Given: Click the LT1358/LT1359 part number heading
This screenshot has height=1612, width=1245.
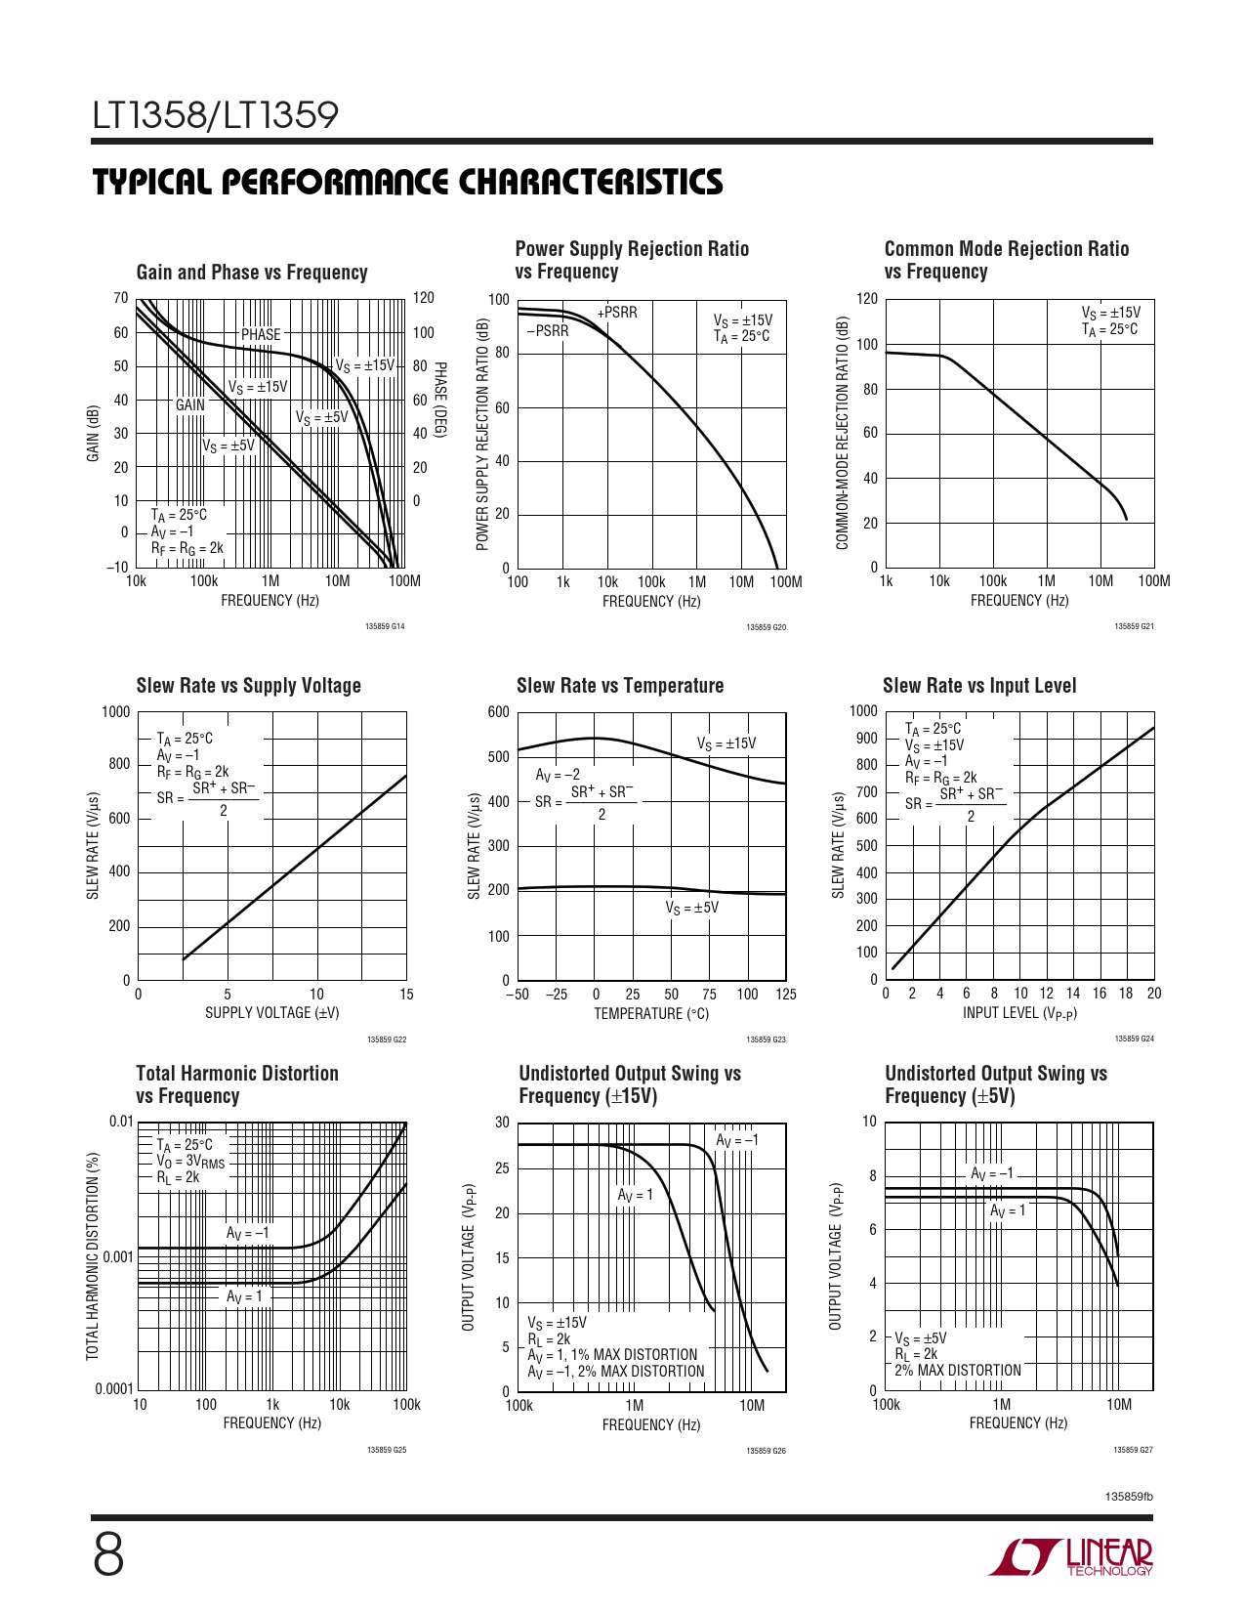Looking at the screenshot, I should pos(216,115).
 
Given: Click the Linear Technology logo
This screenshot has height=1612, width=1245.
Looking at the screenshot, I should pos(1070,1557).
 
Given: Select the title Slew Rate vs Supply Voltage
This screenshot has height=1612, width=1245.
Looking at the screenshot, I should pos(249,686).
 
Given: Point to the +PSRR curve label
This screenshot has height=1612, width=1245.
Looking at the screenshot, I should pos(617,313).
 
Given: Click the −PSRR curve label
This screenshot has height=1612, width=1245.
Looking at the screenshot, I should pos(548,331).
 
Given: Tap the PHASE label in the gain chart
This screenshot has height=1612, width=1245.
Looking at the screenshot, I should pos(261,334).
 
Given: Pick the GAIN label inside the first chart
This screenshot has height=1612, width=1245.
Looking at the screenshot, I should pos(190,404).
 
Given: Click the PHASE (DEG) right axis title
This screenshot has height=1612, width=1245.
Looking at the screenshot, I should pos(440,400).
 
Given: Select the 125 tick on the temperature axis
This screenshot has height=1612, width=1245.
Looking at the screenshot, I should pos(786,995).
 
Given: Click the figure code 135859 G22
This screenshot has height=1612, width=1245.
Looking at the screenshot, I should pos(387,1039).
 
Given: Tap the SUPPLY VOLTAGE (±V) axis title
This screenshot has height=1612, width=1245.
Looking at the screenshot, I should pos(271,1013).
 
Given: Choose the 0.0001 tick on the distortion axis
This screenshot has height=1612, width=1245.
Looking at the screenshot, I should pos(113,1389).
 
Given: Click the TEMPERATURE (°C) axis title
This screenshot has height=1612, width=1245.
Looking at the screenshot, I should pos(651,1014).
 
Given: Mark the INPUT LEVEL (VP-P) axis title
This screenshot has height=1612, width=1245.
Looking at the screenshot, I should pos(1019,1013).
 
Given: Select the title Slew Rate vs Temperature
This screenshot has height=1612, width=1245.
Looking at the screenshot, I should pos(620,686).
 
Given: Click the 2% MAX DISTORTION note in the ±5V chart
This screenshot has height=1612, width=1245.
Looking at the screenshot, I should pos(958,1371).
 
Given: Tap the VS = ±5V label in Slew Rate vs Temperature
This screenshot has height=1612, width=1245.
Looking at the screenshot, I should pos(692,908).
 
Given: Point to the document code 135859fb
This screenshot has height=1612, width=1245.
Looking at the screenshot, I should pos(1129,1497).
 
